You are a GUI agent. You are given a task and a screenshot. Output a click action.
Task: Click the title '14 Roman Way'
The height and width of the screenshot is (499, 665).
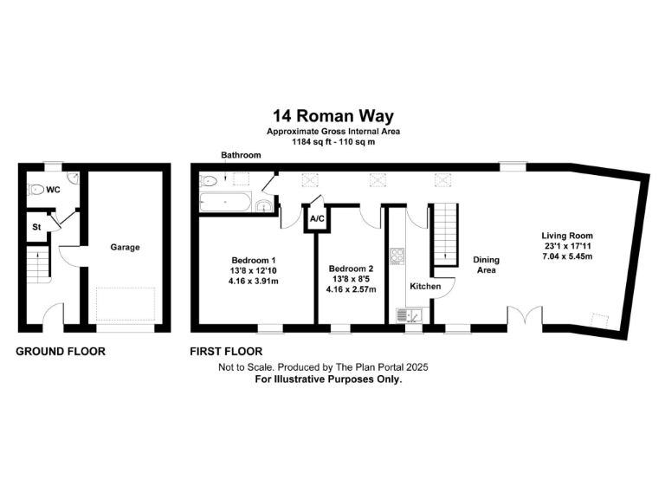coord(332,114)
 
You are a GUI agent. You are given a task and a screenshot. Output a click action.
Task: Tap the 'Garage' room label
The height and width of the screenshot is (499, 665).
coord(125,247)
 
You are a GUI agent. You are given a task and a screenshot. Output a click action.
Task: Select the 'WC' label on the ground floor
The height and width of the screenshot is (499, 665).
coord(54,189)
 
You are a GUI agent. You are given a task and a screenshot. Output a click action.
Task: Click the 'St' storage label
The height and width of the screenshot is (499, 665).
coord(36,226)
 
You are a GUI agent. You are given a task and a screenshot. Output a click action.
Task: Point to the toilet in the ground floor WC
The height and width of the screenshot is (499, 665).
coord(36,189)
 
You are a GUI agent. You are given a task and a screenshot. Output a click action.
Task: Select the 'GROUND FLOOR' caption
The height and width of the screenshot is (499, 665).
coord(61,352)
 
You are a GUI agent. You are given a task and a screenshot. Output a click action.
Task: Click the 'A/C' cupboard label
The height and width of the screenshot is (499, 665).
coord(317,219)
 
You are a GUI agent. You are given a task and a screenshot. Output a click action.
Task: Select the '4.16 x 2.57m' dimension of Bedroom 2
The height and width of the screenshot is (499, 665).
coord(352,288)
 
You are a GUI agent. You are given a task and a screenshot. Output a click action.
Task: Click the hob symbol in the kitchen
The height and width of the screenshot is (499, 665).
coord(398,256)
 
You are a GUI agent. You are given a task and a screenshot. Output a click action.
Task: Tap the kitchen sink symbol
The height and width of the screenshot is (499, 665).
coord(405,315)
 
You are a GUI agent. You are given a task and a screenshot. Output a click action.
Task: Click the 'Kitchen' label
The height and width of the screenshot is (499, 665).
coord(425,286)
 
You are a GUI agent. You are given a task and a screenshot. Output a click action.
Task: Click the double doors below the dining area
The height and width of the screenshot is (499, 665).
coord(524,318)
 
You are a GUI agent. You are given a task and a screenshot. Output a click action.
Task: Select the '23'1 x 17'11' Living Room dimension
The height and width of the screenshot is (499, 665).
coord(567,246)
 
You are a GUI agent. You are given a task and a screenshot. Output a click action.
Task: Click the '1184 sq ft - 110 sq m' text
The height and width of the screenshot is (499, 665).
coord(332,140)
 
